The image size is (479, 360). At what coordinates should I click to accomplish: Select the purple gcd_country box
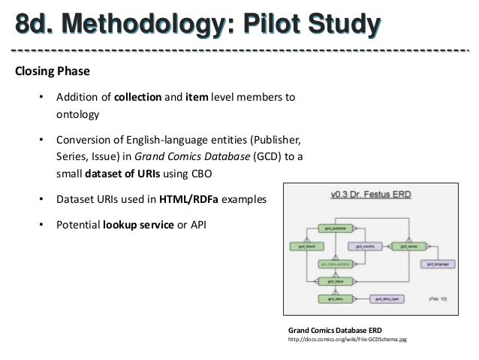click(x=365, y=246)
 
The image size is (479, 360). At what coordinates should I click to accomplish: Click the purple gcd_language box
click(x=437, y=264)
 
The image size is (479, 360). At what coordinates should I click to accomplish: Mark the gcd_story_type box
click(x=386, y=299)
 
